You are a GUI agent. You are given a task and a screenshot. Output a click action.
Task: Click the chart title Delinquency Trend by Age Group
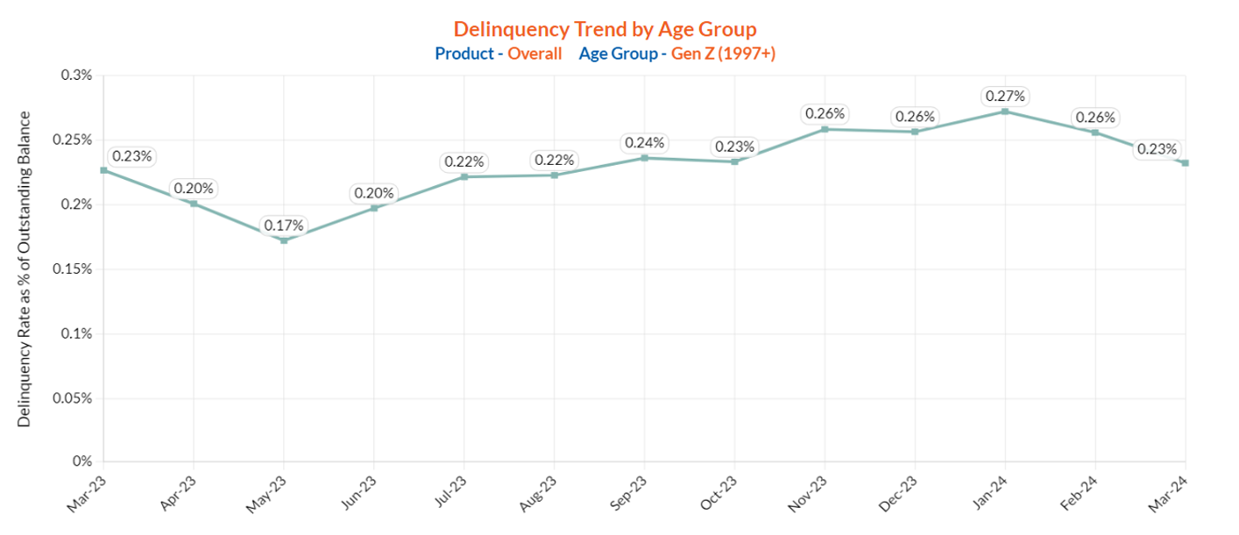click(605, 30)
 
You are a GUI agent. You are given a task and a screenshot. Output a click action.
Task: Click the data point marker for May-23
click(284, 239)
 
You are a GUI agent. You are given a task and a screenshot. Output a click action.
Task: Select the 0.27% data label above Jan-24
click(1005, 96)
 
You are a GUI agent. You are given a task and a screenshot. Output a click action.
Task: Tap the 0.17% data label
click(284, 225)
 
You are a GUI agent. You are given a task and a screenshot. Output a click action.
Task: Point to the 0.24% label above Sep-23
click(645, 143)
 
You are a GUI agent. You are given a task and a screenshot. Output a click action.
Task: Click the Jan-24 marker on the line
click(1005, 111)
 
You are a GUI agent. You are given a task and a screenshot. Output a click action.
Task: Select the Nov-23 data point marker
click(825, 129)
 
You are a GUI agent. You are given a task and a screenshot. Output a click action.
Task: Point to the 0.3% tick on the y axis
click(76, 75)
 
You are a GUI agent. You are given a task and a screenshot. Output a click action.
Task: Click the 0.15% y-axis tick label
click(73, 269)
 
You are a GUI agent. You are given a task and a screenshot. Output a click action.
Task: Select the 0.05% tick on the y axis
click(73, 398)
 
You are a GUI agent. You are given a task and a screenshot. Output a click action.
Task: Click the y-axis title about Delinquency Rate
click(25, 269)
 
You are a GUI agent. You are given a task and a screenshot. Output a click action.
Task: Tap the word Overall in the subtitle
click(535, 53)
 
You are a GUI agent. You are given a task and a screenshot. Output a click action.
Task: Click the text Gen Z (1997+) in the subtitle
click(723, 53)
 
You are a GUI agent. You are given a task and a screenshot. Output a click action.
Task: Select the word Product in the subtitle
click(464, 53)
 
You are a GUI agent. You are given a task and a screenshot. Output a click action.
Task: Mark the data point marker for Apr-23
click(194, 203)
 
